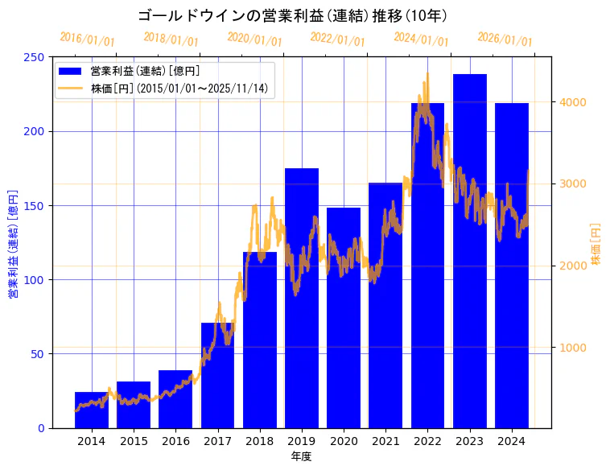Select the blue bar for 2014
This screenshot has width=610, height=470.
tap(92, 410)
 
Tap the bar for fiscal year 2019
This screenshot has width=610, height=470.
tap(302, 298)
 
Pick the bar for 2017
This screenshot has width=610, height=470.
tap(217, 375)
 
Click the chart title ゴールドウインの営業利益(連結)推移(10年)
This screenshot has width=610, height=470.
tap(294, 16)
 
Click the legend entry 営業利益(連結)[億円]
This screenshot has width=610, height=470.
tap(145, 72)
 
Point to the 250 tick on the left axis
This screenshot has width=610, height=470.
tap(35, 57)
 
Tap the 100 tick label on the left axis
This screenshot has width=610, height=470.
tap(35, 279)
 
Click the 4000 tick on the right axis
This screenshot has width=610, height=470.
tap(575, 102)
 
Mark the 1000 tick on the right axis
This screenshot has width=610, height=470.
tap(575, 348)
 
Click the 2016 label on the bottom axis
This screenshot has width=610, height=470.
tap(175, 441)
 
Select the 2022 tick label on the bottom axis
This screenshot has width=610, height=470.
tap(427, 441)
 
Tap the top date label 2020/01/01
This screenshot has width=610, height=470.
tap(254, 39)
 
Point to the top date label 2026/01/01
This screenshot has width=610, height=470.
tap(505, 39)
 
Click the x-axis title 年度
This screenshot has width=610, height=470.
tap(301, 456)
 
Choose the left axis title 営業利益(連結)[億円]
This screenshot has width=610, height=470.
tap(13, 244)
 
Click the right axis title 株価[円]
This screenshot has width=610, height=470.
tap(596, 244)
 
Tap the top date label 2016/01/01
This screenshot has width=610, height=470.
tap(87, 39)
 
